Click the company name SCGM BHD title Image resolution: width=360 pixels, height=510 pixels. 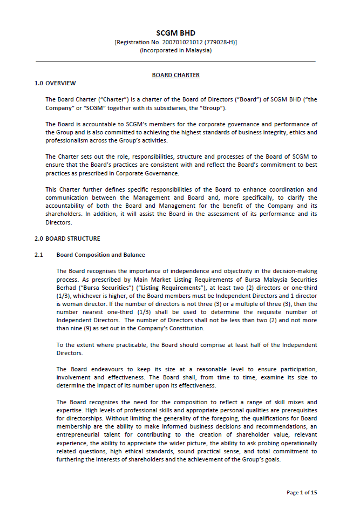(x=176, y=33)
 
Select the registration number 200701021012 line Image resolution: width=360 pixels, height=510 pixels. (x=176, y=42)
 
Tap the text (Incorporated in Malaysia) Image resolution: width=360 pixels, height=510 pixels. (x=176, y=50)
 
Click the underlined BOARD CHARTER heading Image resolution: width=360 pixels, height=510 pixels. (x=176, y=75)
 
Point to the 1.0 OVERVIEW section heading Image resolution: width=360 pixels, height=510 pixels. (x=55, y=83)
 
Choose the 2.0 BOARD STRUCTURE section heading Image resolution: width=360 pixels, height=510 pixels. (x=67, y=239)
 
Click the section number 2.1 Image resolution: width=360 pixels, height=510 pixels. (x=39, y=255)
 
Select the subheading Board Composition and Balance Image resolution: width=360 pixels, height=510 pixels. (x=101, y=255)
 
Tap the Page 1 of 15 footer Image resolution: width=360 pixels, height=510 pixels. (x=302, y=492)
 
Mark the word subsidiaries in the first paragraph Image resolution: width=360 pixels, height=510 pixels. (x=159, y=108)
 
